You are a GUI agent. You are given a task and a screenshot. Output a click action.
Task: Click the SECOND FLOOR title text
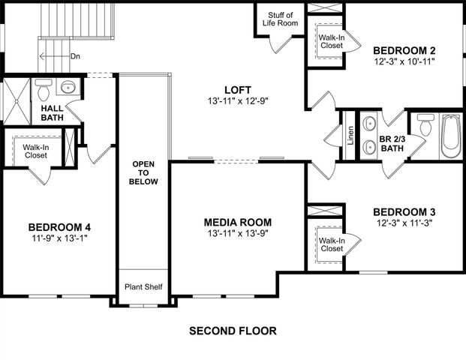click(x=233, y=331)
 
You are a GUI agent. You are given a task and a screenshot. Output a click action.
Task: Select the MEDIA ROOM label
click(x=237, y=222)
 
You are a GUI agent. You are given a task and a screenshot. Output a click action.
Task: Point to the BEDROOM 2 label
click(x=405, y=51)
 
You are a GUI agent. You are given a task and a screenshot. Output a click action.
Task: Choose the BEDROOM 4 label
click(x=59, y=227)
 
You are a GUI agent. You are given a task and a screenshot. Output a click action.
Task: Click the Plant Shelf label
click(x=143, y=287)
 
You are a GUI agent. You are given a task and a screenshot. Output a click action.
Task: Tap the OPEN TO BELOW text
click(x=144, y=172)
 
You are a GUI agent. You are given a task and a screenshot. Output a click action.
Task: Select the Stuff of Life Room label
click(x=279, y=18)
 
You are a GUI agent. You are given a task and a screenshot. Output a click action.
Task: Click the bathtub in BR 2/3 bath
click(x=448, y=136)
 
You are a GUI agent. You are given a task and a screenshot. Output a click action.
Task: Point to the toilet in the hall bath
click(x=44, y=91)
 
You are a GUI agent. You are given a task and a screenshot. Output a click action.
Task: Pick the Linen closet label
click(x=350, y=136)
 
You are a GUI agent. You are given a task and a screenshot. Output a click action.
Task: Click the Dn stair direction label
click(x=75, y=56)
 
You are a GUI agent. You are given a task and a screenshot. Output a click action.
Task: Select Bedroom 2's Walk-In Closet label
click(x=331, y=40)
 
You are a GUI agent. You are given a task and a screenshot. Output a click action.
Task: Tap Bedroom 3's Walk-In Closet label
click(x=331, y=244)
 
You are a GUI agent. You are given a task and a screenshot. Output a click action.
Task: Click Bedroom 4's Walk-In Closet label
click(x=35, y=152)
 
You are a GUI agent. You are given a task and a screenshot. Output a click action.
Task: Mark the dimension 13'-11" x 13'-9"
click(x=237, y=233)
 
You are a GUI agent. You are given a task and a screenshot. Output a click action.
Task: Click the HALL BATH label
click(x=51, y=112)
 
